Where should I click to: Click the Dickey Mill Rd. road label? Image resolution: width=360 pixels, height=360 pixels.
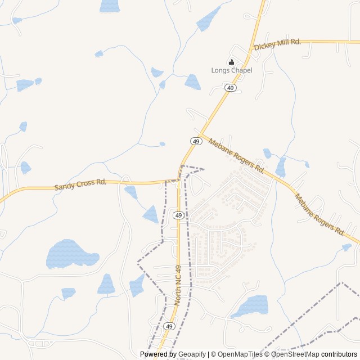pos(277,44)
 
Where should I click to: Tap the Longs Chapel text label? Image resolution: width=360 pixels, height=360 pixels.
pos(232,70)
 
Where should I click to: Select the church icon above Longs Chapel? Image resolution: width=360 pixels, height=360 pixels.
pos(231,62)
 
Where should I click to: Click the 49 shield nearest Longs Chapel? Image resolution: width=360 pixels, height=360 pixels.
pos(230,88)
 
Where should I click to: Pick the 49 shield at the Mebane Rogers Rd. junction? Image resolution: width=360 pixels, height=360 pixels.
pos(196,141)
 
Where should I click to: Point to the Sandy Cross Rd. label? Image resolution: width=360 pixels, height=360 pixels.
pos(80,184)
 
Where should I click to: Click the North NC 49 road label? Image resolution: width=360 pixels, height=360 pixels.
pos(178,285)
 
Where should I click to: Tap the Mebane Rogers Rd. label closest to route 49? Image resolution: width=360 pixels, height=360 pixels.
pos(236,156)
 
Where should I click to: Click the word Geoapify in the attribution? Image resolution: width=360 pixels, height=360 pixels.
pos(192,354)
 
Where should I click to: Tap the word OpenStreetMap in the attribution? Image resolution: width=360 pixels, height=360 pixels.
pos(295,354)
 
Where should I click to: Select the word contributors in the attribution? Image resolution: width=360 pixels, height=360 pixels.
pos(339,354)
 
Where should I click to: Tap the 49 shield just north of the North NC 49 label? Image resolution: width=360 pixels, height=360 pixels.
pos(178,215)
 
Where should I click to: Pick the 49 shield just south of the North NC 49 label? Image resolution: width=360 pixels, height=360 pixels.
pos(169,326)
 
